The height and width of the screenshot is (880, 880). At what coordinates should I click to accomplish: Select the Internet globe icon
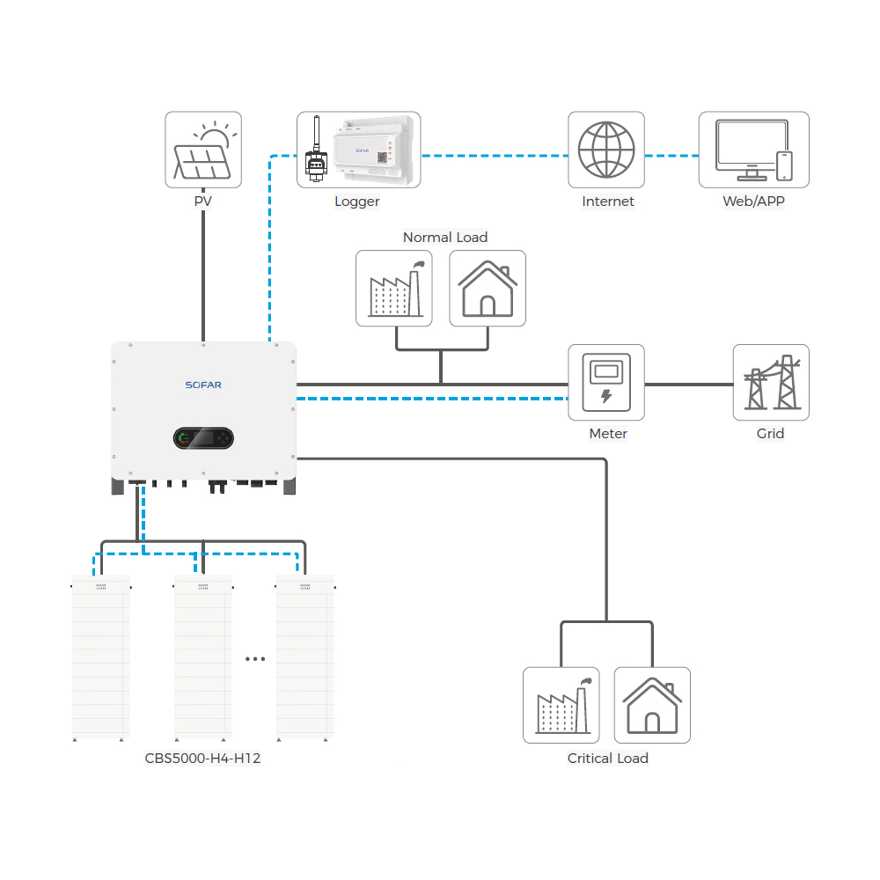[606, 149]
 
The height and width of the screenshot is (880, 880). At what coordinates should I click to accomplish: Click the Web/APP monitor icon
[753, 149]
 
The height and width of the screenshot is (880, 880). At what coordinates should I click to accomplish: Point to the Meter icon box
[606, 382]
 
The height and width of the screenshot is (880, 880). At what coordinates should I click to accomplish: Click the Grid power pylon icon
[771, 382]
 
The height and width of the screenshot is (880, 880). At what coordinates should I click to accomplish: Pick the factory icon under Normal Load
[394, 288]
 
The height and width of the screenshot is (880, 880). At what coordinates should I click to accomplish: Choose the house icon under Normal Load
[488, 288]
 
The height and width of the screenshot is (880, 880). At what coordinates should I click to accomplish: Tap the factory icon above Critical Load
[561, 705]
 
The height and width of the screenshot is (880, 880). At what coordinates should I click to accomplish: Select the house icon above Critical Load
[652, 705]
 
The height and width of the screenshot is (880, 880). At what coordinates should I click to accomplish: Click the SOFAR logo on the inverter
[203, 385]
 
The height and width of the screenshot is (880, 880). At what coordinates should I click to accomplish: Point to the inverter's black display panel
[203, 437]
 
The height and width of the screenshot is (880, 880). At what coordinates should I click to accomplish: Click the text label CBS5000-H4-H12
[202, 758]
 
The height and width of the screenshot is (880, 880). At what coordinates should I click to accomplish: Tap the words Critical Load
[607, 758]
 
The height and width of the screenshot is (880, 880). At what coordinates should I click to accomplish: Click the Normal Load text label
[444, 238]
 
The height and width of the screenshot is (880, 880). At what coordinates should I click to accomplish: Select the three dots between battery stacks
[255, 658]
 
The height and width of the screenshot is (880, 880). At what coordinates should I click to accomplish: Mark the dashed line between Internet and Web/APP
[671, 156]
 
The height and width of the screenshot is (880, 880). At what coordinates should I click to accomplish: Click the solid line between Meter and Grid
[688, 385]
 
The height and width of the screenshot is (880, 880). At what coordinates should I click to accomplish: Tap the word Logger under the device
[356, 202]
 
